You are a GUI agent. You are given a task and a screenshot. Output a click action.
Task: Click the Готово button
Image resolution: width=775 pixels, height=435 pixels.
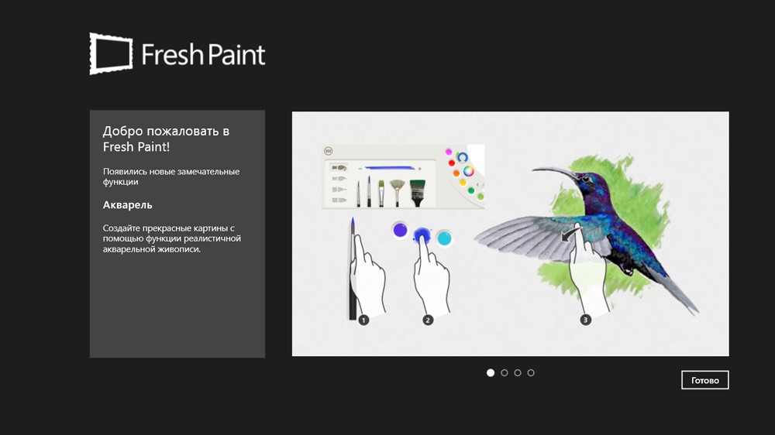pos(704,380)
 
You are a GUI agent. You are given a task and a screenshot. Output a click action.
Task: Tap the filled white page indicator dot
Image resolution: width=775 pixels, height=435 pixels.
pos(491,373)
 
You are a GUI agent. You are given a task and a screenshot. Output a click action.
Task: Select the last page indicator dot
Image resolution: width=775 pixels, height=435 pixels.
pos(531,373)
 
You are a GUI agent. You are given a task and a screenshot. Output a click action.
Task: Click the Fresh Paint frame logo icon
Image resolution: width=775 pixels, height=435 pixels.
pos(111,54)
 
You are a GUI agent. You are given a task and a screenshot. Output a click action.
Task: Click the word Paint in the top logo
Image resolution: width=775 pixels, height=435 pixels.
pos(235,54)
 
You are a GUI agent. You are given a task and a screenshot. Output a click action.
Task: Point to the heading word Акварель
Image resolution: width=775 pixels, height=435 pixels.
pos(128,205)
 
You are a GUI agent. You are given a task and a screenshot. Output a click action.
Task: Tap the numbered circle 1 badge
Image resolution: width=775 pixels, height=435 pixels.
pos(363,320)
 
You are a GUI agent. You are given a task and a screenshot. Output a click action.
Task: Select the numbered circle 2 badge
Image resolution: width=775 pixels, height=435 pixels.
pos(428,320)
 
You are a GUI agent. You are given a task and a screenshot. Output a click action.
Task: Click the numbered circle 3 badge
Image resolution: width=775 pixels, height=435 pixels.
pos(585,320)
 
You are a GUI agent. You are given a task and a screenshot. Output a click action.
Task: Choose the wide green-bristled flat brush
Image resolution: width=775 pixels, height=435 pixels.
pos(418,193)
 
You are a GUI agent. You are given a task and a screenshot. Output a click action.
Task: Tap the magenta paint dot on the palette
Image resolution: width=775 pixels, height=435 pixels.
pos(449,152)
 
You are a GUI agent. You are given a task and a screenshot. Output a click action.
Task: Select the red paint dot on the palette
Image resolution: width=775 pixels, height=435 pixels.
pos(451,163)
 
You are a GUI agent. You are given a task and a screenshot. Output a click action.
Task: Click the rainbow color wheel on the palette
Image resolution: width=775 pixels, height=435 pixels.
pos(469,171)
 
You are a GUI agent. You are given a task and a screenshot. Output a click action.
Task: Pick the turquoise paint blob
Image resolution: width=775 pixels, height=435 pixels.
pos(444,238)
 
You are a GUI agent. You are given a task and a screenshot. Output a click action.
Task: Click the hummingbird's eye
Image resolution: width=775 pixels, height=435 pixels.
pos(586,179)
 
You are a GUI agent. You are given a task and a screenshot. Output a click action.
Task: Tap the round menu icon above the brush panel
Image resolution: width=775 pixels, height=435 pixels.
pos(328,151)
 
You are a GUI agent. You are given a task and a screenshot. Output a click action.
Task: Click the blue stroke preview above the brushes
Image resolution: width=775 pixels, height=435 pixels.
pos(391,169)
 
